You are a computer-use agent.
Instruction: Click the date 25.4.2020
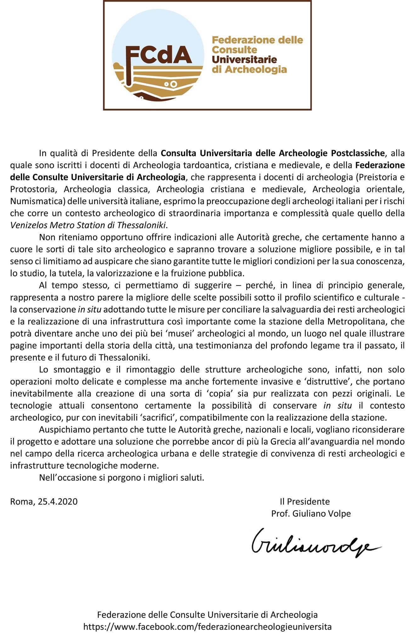(x=58, y=501)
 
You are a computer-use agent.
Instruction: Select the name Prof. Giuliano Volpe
(x=311, y=513)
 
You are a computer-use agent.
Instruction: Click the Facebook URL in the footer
(x=207, y=626)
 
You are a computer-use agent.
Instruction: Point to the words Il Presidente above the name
(x=305, y=501)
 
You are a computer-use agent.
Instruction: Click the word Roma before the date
(x=21, y=501)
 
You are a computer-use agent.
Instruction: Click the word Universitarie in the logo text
(x=244, y=60)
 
